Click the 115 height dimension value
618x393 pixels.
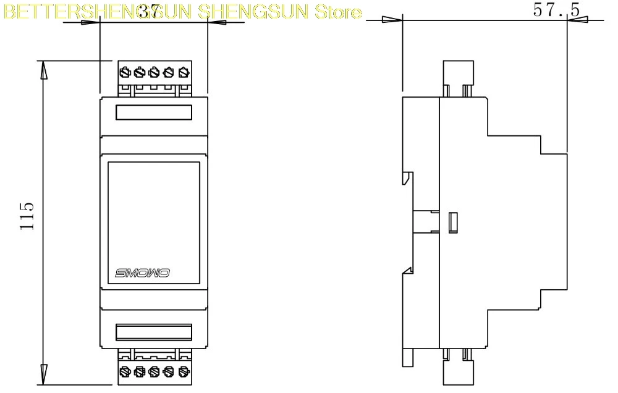(x=27, y=216)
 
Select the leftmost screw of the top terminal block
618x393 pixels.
(x=125, y=73)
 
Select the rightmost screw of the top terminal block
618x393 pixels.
(x=182, y=73)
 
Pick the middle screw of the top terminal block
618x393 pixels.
(x=154, y=73)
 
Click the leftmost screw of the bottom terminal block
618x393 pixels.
(x=125, y=371)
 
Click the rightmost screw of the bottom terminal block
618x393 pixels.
(x=182, y=371)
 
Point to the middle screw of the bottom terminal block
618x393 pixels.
(x=154, y=371)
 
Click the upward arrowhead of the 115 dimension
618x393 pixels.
(x=43, y=69)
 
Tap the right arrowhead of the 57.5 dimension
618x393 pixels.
(x=575, y=20)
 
